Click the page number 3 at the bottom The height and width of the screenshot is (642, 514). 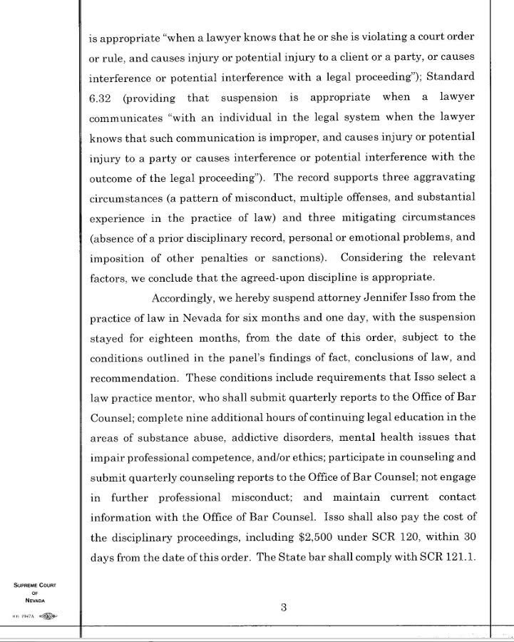pos(283,608)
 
